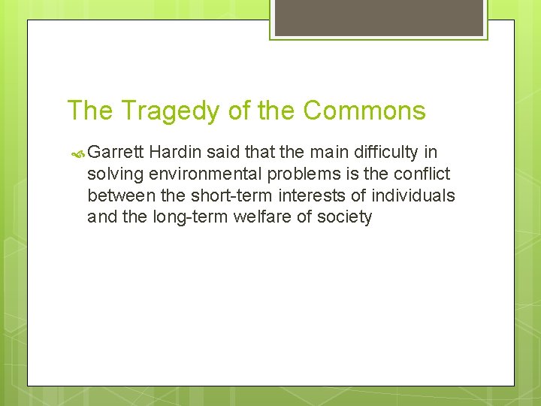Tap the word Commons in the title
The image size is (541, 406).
click(364, 111)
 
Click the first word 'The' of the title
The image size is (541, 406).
click(91, 111)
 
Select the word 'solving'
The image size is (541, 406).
click(114, 174)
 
